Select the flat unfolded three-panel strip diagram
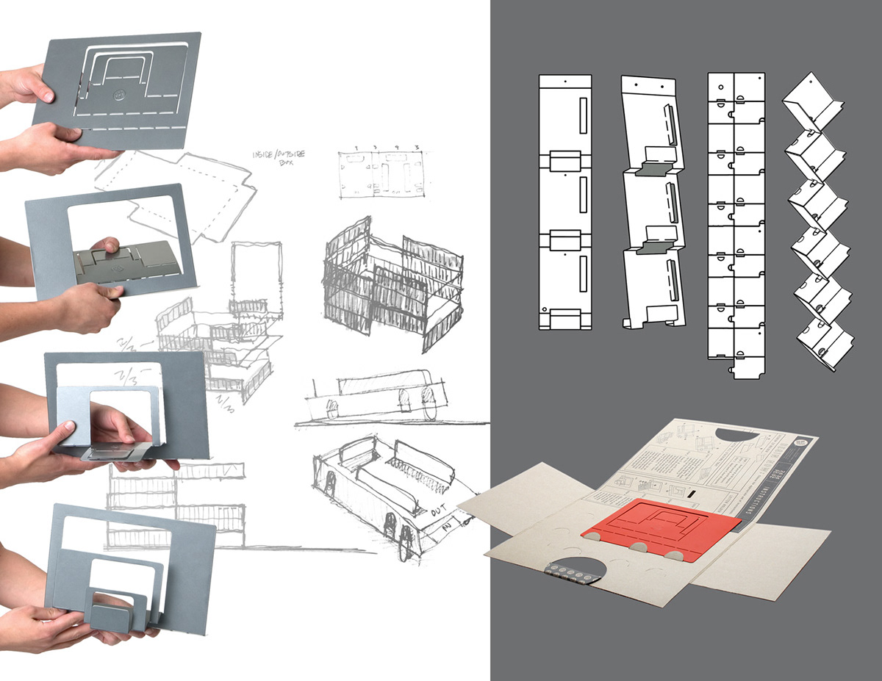click(x=565, y=202)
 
